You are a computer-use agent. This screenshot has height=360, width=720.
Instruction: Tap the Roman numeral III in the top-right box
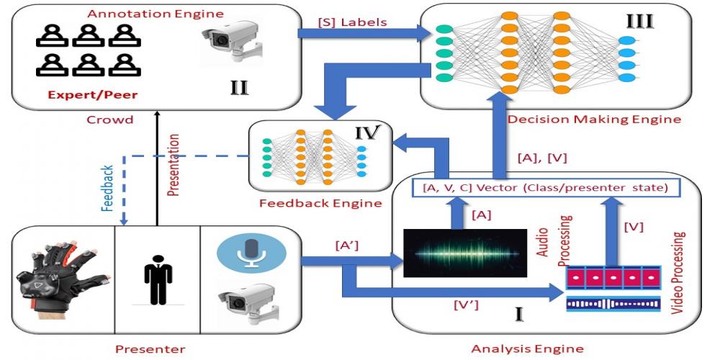click(x=639, y=22)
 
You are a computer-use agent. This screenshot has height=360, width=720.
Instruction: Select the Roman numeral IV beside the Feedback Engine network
click(x=369, y=132)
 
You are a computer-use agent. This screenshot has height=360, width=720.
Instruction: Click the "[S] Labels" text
click(x=352, y=22)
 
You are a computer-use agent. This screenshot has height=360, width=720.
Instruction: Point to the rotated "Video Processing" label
click(x=679, y=273)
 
